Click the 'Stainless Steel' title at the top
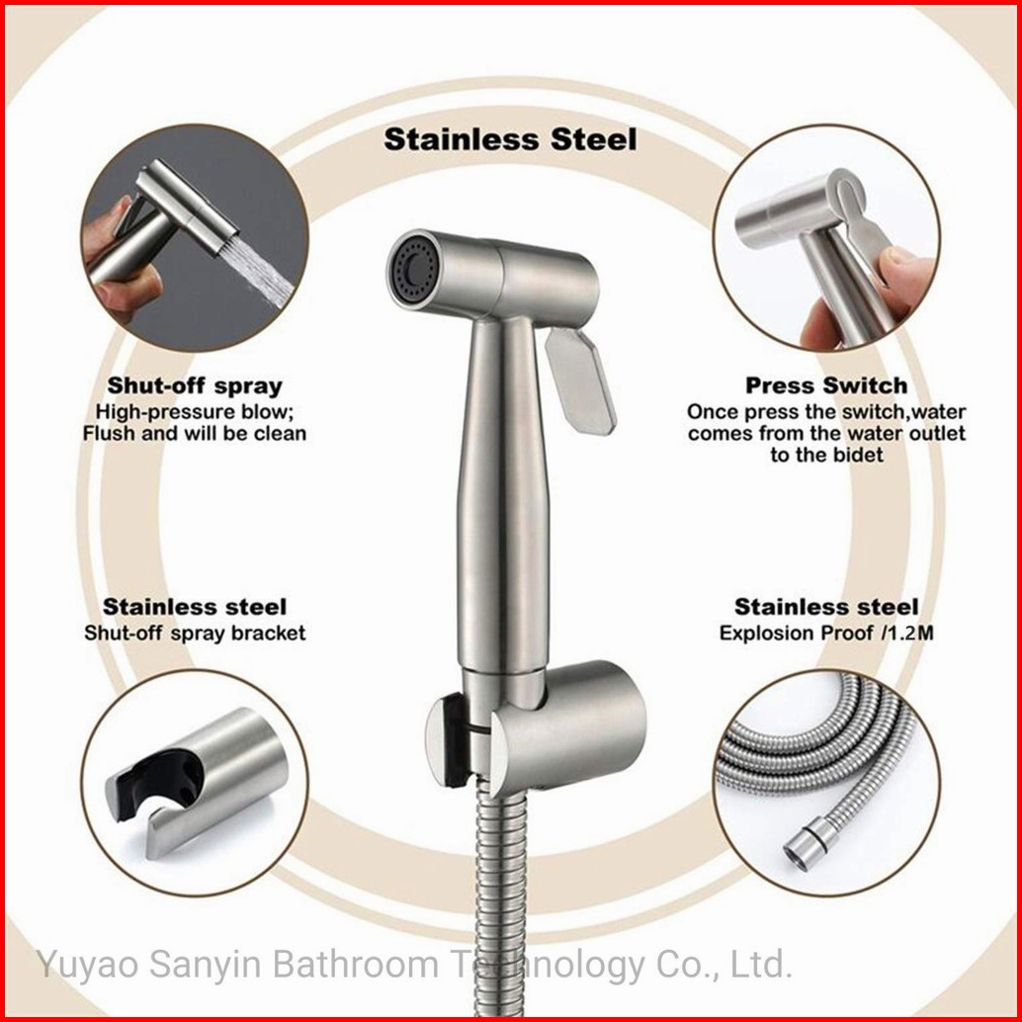coord(510,139)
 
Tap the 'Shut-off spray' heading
coord(195,385)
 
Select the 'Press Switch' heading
coord(826,385)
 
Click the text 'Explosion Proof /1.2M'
coord(826,633)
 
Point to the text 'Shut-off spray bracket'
coord(195,633)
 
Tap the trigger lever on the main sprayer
coord(579,381)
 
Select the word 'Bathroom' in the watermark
coord(355,964)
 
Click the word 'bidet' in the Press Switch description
coord(859,455)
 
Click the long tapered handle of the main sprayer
coord(501,495)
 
